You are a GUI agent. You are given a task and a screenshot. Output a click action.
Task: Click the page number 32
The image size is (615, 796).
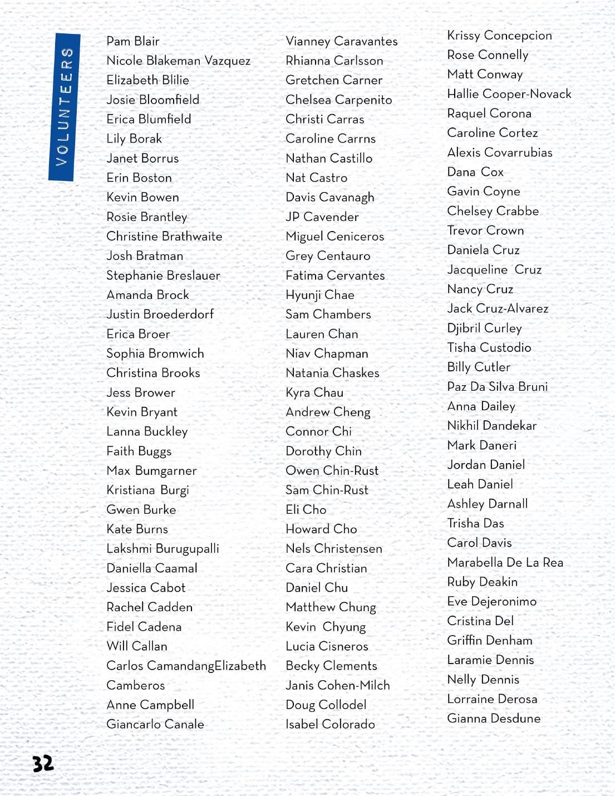tap(43, 763)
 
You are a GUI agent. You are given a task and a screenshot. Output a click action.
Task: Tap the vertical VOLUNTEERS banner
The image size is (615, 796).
tap(64, 107)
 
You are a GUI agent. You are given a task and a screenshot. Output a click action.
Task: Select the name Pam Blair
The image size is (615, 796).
tap(133, 41)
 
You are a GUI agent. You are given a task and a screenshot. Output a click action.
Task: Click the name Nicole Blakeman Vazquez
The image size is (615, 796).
tap(178, 61)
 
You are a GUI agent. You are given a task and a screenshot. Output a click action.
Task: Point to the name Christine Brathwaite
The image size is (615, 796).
tap(164, 237)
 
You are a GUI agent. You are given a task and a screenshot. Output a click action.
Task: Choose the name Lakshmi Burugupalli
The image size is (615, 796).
tap(163, 549)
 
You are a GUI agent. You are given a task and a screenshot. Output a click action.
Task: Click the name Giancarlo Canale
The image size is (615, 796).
tap(155, 724)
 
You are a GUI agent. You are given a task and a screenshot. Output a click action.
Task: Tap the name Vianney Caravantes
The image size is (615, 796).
tap(341, 41)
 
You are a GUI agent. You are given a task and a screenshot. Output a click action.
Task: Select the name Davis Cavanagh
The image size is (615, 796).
tap(329, 198)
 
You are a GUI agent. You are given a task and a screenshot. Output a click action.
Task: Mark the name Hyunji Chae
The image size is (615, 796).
tap(319, 295)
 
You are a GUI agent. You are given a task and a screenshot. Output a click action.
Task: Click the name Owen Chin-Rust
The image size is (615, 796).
tap(332, 471)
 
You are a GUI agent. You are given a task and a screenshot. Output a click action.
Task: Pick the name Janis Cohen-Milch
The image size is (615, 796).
tap(337, 685)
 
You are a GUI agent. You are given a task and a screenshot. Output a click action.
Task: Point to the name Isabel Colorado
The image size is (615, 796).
tap(330, 724)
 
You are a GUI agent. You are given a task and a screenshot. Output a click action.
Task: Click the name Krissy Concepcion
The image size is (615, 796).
tap(499, 36)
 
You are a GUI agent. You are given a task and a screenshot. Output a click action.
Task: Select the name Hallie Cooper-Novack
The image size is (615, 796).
tap(509, 94)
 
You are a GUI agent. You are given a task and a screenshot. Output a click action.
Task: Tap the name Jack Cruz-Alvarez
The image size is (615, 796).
tap(498, 308)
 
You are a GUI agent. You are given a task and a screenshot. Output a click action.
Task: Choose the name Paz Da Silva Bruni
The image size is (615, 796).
tap(497, 387)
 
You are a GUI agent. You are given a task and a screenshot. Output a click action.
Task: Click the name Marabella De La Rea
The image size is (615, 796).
tap(505, 562)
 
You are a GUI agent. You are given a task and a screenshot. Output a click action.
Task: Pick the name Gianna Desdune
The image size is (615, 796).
tap(494, 719)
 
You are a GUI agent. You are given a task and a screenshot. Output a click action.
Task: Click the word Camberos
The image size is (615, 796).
tap(136, 685)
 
